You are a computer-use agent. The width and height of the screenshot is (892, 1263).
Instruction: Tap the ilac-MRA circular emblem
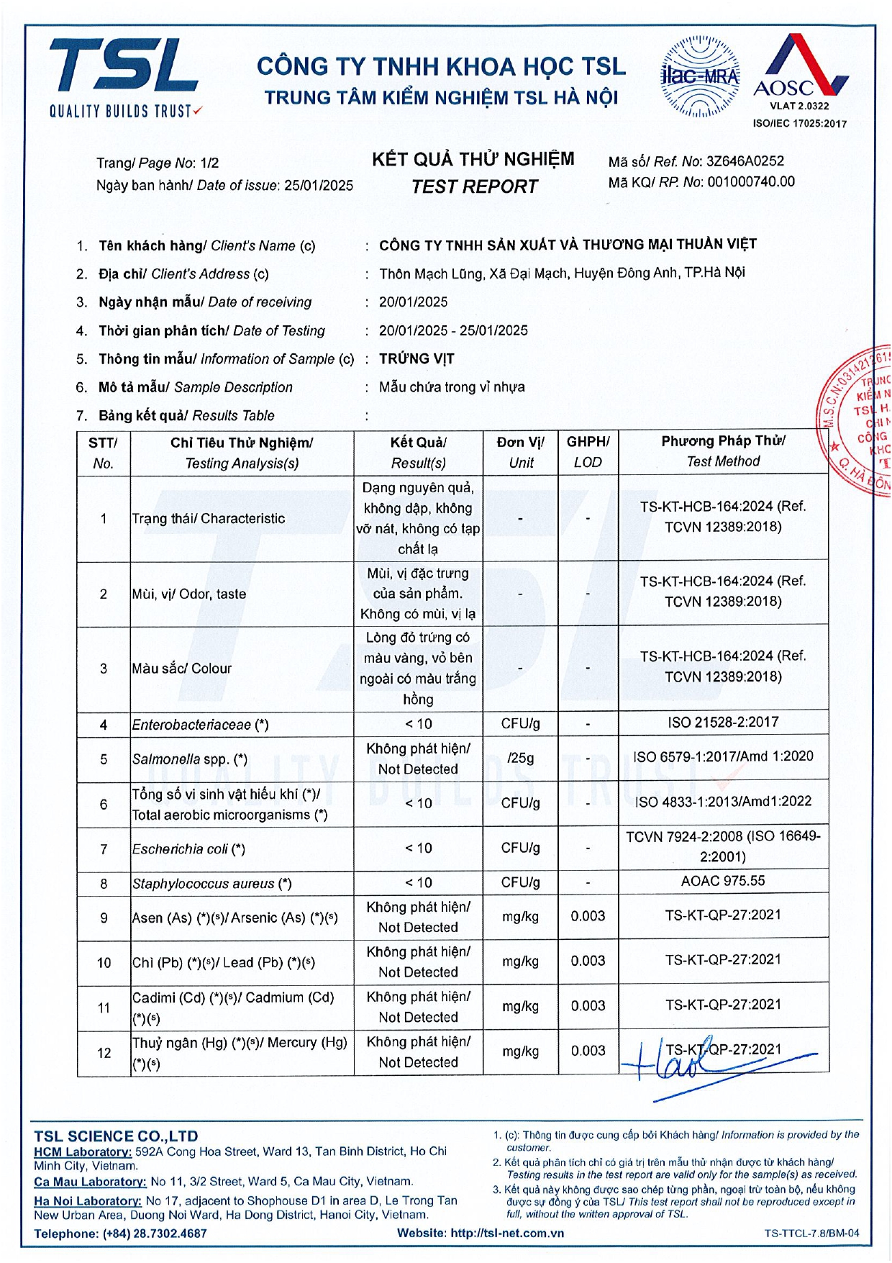[x=699, y=76]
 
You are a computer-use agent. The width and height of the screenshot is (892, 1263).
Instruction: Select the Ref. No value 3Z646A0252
[x=745, y=161]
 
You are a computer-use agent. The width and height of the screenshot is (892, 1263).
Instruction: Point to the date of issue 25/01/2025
[x=319, y=186]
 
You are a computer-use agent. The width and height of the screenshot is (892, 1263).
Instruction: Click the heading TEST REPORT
[x=474, y=187]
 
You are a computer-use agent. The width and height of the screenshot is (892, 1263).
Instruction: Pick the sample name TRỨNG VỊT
[x=417, y=358]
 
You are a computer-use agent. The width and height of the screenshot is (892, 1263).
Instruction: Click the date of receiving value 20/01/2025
[x=413, y=302]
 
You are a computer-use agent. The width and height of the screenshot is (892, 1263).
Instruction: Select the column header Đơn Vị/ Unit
[x=521, y=452]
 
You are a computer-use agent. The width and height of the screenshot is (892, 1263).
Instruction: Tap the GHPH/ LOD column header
[x=588, y=452]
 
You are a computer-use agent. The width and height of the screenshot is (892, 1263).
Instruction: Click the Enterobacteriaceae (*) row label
[x=200, y=725]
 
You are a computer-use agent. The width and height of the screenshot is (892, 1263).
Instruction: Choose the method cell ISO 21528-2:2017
[x=723, y=723]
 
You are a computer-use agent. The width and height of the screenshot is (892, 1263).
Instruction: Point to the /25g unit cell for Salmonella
[x=521, y=759]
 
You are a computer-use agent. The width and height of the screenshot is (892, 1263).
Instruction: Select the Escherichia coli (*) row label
[x=188, y=849]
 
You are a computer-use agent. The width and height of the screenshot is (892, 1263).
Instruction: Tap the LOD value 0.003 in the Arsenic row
[x=588, y=916]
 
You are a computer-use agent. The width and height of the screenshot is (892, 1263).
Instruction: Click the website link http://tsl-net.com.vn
[x=506, y=1233]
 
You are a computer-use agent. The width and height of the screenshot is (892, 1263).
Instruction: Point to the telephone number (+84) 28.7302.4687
[x=155, y=1233]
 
